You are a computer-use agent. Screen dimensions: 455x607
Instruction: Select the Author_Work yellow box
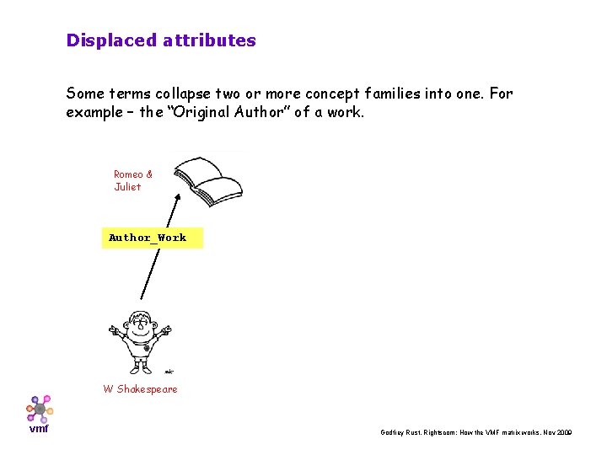[152, 238]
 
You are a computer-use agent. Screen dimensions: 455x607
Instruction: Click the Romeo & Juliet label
[133, 180]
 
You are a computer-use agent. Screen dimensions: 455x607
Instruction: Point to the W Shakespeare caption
[140, 389]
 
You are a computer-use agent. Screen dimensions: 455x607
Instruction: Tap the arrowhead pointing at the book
[177, 197]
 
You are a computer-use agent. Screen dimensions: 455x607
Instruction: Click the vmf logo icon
[39, 408]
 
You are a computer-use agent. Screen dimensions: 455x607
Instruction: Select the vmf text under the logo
[39, 429]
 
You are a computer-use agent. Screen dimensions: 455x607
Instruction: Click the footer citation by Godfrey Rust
[476, 432]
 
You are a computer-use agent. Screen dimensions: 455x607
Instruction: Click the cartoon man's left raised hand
[114, 330]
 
